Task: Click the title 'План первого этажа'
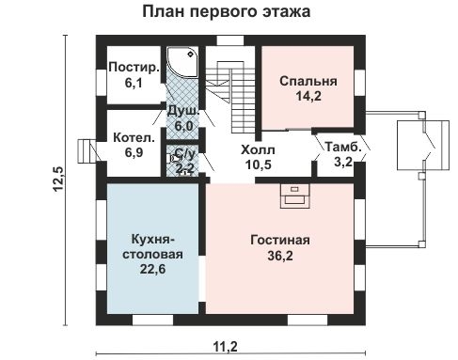tap(228, 12)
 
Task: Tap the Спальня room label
tap(308, 82)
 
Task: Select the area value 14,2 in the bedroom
tap(308, 97)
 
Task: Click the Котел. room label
tap(128, 136)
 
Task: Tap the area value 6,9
tap(128, 151)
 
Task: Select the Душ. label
tap(182, 111)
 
